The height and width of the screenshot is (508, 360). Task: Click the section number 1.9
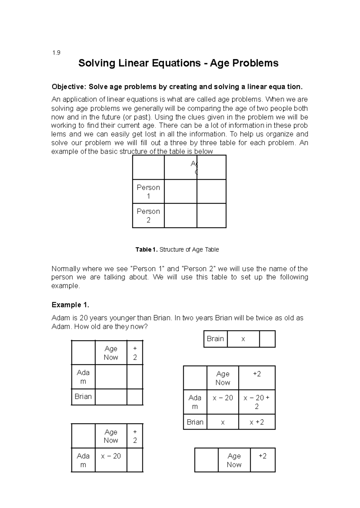click(x=56, y=53)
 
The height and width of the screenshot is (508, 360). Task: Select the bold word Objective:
click(x=69, y=87)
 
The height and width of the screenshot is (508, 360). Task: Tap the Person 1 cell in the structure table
click(x=148, y=192)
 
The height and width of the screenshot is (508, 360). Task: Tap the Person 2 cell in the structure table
click(x=148, y=216)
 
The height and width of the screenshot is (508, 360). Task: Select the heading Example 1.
click(x=70, y=305)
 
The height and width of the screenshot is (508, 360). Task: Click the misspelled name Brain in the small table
click(x=215, y=339)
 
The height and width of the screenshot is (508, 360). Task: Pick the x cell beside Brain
click(x=243, y=339)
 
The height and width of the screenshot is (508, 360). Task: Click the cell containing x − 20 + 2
click(x=256, y=402)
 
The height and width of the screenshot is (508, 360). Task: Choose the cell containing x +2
click(x=256, y=422)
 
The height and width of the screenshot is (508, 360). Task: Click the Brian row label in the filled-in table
click(x=195, y=422)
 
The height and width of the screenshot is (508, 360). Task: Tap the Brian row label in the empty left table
click(x=83, y=396)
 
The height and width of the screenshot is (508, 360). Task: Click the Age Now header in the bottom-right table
click(x=234, y=460)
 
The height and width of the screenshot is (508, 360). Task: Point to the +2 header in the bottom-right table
click(x=262, y=456)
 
